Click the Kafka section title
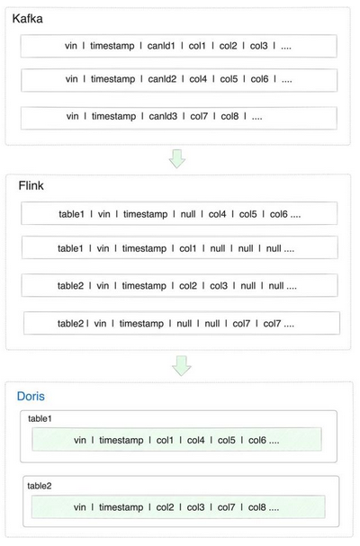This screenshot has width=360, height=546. (x=28, y=19)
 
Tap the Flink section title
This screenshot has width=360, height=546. (x=31, y=185)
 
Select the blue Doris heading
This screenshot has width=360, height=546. (x=31, y=397)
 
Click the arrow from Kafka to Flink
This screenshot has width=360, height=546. (x=177, y=159)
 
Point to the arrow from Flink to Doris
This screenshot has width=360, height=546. (x=182, y=365)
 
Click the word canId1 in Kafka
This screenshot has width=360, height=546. (x=161, y=46)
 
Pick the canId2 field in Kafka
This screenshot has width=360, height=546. (x=162, y=79)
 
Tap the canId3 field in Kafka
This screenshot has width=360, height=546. (x=163, y=116)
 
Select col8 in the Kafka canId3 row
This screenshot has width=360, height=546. (x=229, y=116)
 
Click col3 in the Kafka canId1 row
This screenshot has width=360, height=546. (x=258, y=46)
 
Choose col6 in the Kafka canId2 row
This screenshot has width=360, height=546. (x=259, y=79)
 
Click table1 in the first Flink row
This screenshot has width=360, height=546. (x=71, y=214)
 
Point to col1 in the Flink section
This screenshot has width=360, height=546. (x=188, y=248)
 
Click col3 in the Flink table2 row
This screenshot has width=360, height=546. (x=219, y=286)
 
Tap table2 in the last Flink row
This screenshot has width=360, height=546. (x=71, y=324)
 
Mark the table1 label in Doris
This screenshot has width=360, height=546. (x=40, y=418)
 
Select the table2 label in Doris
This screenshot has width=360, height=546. (x=40, y=486)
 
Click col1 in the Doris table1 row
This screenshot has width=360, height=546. (x=165, y=441)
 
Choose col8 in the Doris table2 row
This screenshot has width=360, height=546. (x=256, y=507)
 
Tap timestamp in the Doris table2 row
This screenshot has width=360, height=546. (x=121, y=507)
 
